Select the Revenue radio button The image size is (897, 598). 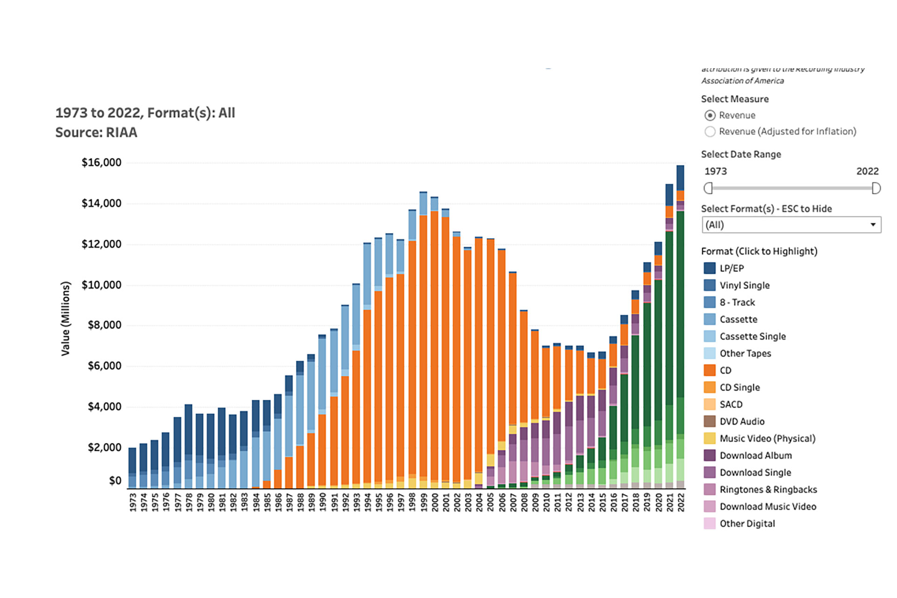click(710, 115)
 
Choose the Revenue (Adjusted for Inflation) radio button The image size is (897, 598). click(710, 132)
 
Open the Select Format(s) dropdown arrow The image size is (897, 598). click(872, 225)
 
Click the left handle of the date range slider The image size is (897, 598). click(708, 188)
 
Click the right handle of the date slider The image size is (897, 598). click(876, 188)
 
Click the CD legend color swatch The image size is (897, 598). click(709, 370)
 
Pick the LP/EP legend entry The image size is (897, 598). click(731, 268)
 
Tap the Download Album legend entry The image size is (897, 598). click(755, 456)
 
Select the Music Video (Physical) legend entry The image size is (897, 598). click(767, 438)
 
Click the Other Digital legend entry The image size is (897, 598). click(747, 524)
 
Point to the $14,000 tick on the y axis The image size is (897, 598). click(101, 203)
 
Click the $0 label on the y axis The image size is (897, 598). click(115, 481)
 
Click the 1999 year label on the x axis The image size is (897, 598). click(423, 503)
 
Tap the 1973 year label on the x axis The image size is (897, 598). click(133, 503)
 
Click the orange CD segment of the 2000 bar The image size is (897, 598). click(434, 346)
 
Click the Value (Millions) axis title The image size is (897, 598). click(65, 319)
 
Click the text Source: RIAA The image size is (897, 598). click(96, 133)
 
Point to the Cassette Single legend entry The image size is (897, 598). click(752, 336)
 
